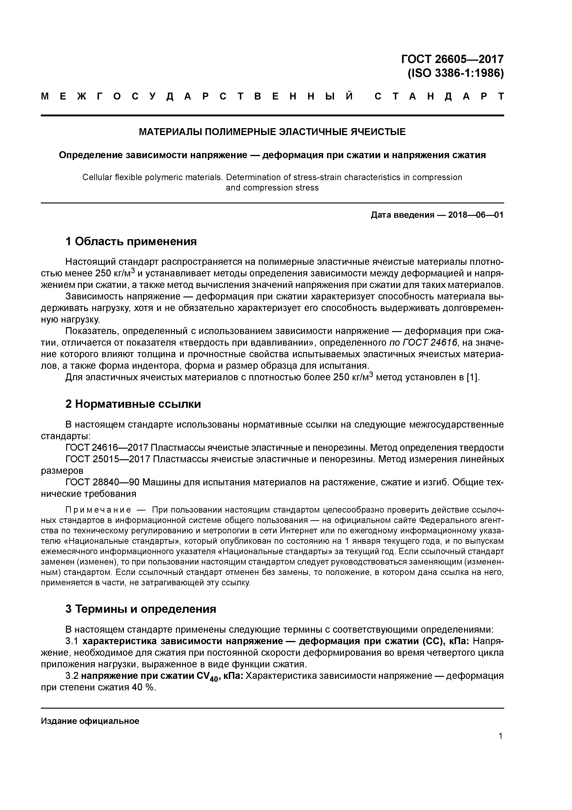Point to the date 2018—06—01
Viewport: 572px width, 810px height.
coord(475,215)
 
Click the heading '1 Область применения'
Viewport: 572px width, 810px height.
coord(131,242)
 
